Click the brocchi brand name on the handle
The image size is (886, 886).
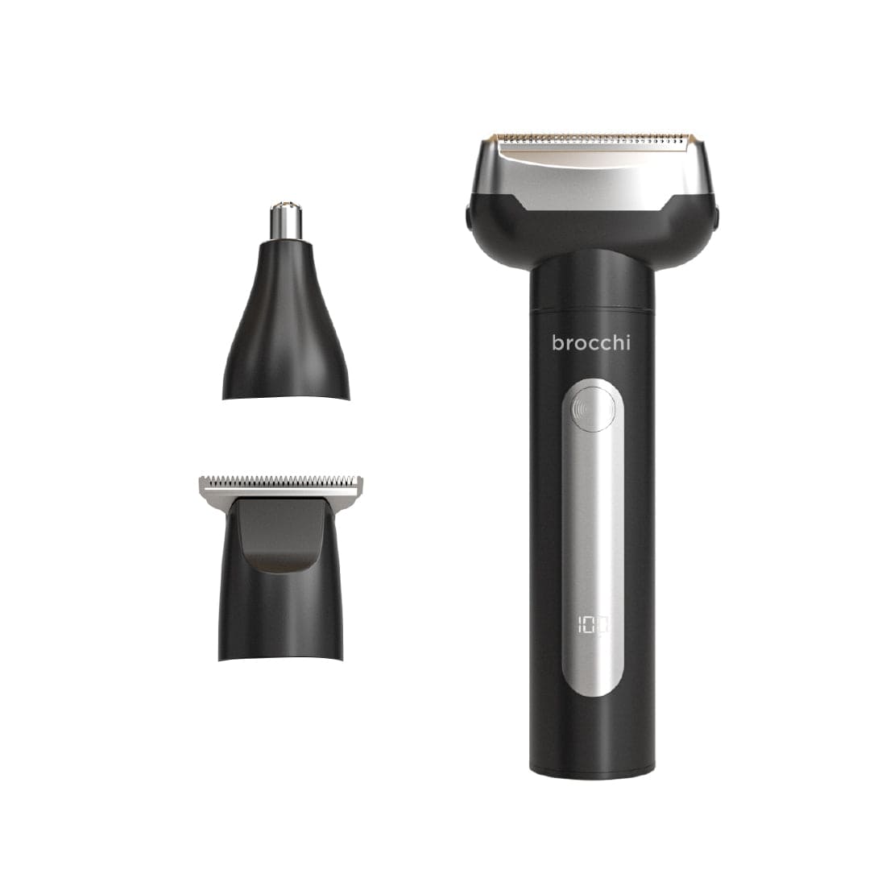click(590, 343)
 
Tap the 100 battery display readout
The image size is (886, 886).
click(592, 625)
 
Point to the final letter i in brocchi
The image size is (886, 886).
click(628, 342)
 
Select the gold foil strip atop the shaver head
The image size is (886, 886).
click(591, 130)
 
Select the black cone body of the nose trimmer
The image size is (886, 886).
click(286, 322)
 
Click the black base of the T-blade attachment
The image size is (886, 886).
click(280, 612)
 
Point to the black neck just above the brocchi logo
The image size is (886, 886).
click(592, 290)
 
